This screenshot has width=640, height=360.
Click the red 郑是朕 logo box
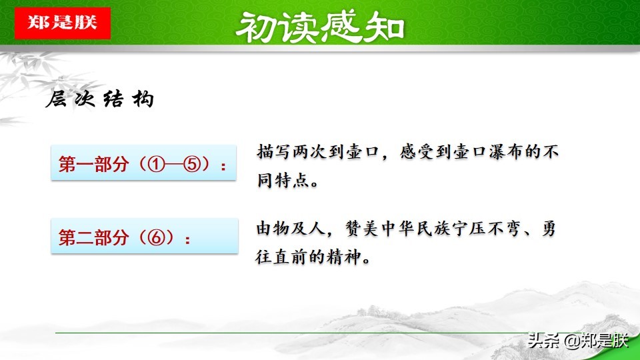(x=63, y=22)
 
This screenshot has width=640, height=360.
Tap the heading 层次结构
(x=100, y=100)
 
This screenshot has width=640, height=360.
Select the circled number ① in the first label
(x=157, y=164)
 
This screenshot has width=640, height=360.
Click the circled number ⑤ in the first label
(x=193, y=164)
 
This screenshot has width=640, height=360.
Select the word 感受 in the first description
(x=418, y=152)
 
